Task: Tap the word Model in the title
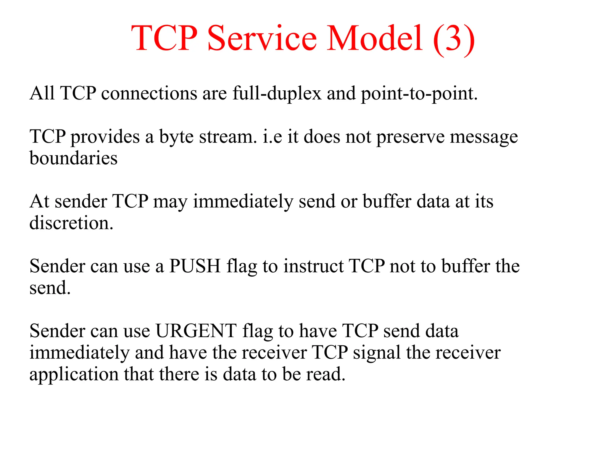tap(375, 39)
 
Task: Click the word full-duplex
tap(277, 94)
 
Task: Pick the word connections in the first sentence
tap(149, 94)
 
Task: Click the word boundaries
tap(73, 158)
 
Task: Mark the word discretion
tap(71, 223)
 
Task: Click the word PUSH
tap(195, 266)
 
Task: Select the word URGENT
tap(196, 331)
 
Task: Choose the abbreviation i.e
tap(272, 137)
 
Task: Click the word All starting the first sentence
tap(42, 94)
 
